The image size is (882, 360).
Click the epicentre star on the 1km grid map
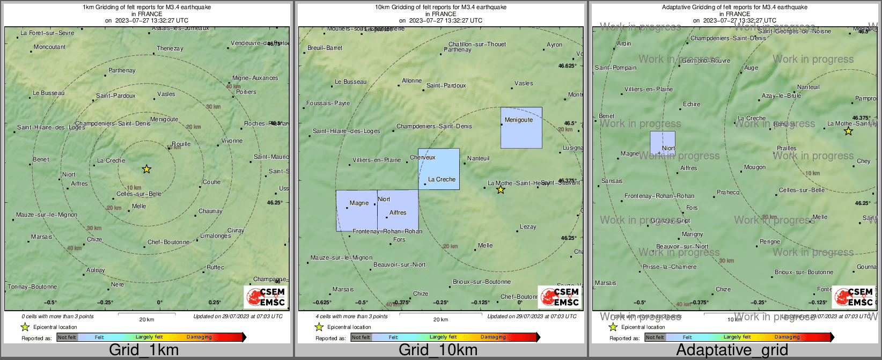pyautogui.click(x=146, y=169)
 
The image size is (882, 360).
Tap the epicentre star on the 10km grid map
pyautogui.click(x=501, y=189)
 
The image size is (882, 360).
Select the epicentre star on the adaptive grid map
pyautogui.click(x=848, y=131)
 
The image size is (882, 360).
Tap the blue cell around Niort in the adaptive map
pyautogui.click(x=663, y=143)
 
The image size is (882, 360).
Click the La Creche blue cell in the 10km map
pyautogui.click(x=439, y=168)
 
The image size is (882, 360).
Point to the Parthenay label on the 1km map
pyautogui.click(x=122, y=70)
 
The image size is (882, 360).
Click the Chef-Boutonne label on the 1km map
pyautogui.click(x=168, y=242)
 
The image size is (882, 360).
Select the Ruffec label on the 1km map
pyautogui.click(x=216, y=267)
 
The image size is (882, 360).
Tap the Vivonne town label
pyautogui.click(x=232, y=141)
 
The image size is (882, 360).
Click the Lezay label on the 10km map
pyautogui.click(x=528, y=226)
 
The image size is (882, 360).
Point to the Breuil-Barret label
pyautogui.click(x=325, y=48)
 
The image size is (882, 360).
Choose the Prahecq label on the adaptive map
pyautogui.click(x=728, y=192)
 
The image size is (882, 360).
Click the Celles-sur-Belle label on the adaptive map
pyautogui.click(x=802, y=190)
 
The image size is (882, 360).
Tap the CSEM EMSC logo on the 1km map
pyautogui.click(x=266, y=296)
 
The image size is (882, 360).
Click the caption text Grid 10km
pyautogui.click(x=438, y=350)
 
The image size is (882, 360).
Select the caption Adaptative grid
pyautogui.click(x=732, y=350)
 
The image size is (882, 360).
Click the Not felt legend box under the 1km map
pyautogui.click(x=67, y=337)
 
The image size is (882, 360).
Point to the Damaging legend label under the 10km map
pyautogui.click(x=493, y=337)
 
